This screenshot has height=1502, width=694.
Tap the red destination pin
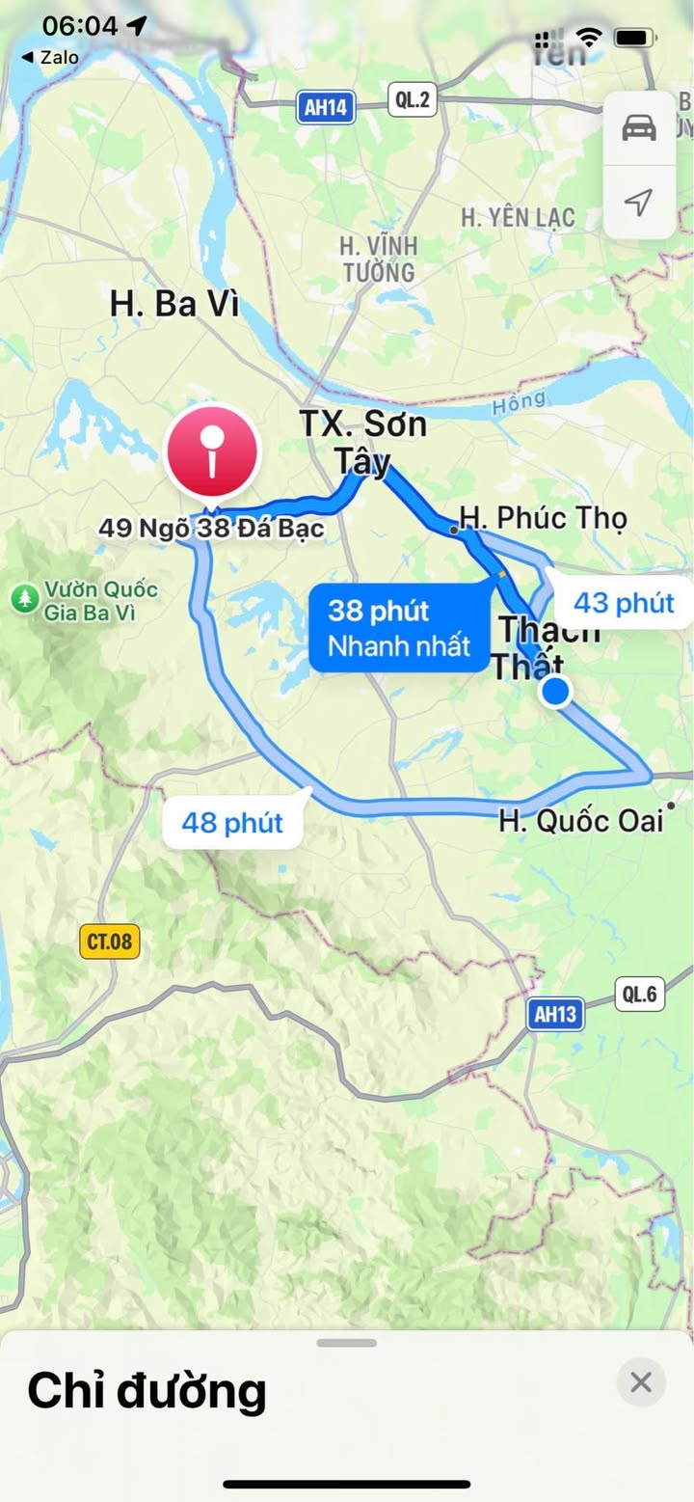213,451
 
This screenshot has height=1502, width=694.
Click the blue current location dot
555,692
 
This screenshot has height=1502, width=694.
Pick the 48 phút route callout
232,823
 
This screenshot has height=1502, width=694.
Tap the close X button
641,1382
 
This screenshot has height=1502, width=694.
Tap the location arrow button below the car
639,202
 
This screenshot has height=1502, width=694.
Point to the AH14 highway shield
326,107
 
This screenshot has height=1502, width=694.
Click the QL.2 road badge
413,99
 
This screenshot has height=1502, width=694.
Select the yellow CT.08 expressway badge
110,941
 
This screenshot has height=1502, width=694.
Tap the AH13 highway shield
556,1014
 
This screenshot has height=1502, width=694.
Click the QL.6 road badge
640,994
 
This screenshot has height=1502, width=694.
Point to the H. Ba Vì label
173,304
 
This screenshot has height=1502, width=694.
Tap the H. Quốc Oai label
581,821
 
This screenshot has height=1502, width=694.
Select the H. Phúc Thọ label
544,518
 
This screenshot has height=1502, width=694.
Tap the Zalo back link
50,57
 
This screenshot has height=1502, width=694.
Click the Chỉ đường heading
147,1390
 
